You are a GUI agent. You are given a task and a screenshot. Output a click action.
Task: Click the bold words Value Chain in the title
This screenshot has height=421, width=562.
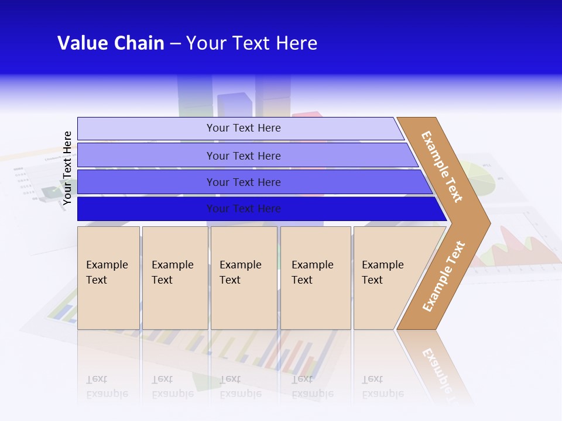coord(111,43)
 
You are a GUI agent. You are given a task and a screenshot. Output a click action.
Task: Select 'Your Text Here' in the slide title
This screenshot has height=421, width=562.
coord(252,43)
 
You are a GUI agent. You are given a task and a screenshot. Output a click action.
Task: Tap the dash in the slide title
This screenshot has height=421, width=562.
coord(175,44)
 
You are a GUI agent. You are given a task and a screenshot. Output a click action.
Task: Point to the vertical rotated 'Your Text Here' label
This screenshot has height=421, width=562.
coord(67,168)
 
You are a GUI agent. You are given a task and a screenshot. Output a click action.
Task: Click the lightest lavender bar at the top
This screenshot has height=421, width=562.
coord(243,128)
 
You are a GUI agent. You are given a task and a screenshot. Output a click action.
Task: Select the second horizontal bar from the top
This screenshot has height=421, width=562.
coord(243,156)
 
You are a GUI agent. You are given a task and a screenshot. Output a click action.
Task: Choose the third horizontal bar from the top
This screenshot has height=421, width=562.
coord(243,182)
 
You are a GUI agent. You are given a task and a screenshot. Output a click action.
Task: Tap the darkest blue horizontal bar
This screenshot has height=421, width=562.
coord(243,209)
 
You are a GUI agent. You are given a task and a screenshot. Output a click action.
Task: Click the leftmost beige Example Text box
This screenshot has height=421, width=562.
coord(108,278)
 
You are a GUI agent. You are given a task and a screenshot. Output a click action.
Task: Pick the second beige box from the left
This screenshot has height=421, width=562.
coord(174,278)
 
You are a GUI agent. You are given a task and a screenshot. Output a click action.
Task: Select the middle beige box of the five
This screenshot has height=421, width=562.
coord(244,278)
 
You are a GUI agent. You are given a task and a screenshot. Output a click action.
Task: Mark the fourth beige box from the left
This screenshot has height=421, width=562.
coord(315,278)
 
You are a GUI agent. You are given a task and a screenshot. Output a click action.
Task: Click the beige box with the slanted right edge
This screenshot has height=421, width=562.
coord(386,278)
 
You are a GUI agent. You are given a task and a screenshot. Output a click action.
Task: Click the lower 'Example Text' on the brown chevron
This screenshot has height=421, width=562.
coord(444,276)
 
